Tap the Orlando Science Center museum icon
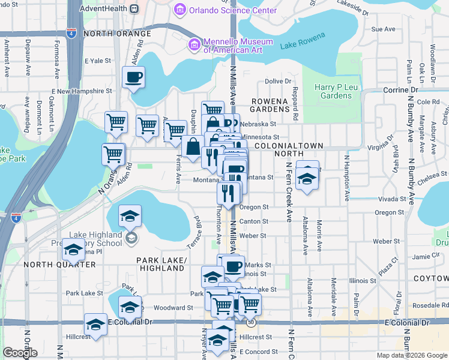[179, 10]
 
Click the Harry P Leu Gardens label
[333, 91]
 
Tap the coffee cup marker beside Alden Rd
[133, 77]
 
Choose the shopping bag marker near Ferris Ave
[193, 146]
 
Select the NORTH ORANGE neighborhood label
[117, 34]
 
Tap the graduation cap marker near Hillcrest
[95, 325]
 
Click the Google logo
[20, 353]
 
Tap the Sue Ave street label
[384, 29]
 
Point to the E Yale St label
[98, 61]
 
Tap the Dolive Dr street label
[278, 81]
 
